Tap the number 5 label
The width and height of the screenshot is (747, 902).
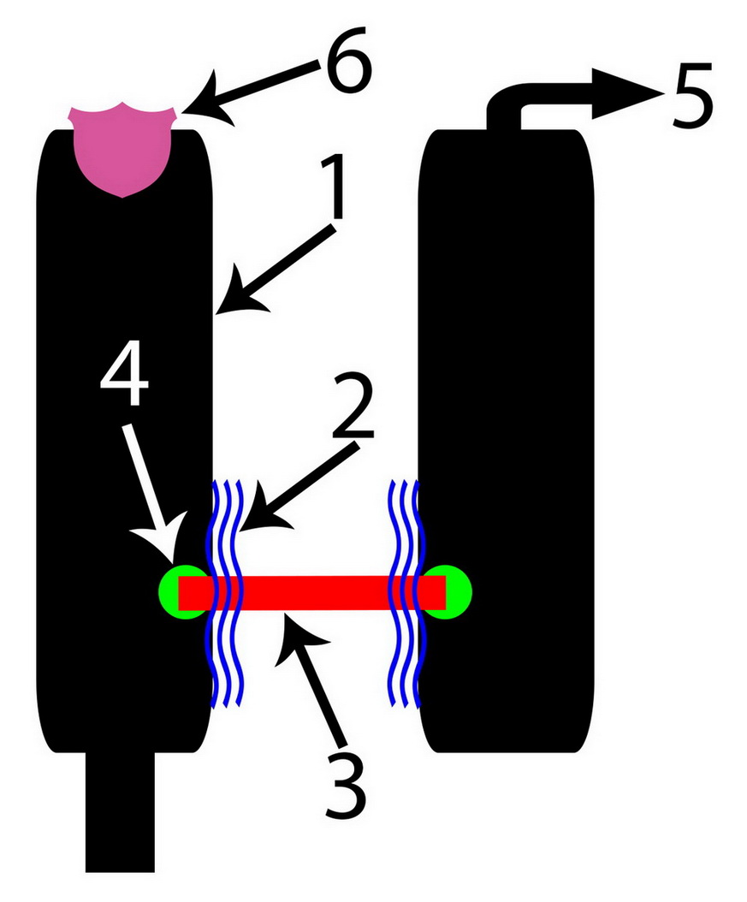tap(692, 95)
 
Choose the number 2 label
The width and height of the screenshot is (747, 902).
tap(353, 406)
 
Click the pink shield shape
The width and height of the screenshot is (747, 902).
tap(122, 150)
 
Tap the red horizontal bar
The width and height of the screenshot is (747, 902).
tap(312, 592)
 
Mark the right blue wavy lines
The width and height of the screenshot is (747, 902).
tap(406, 592)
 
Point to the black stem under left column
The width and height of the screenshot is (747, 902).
tap(120, 811)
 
